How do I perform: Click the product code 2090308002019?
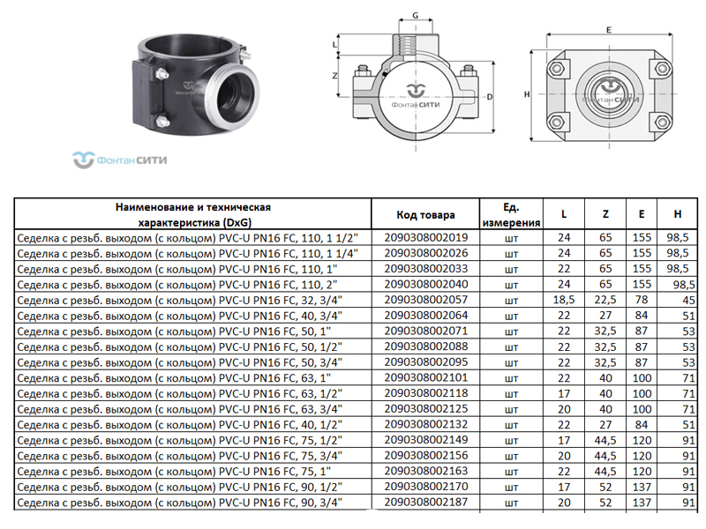425,237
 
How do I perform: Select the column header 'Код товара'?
425,215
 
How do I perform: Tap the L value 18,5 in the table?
564,300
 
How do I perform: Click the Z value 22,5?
605,300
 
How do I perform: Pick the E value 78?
642,300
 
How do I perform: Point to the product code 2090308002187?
425,502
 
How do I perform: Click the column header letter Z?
605,214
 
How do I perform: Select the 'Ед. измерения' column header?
511,215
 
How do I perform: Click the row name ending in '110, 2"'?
177,285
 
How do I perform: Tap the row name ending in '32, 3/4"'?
180,300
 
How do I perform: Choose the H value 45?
688,301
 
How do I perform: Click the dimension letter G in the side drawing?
415,16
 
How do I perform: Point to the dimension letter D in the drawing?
490,97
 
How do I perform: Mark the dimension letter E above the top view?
609,30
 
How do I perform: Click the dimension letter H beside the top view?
527,94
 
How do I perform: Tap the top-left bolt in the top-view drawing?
558,69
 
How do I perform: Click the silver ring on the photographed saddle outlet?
234,95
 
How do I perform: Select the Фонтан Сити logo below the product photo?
120,160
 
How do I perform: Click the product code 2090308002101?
425,377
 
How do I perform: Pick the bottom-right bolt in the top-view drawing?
662,122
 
